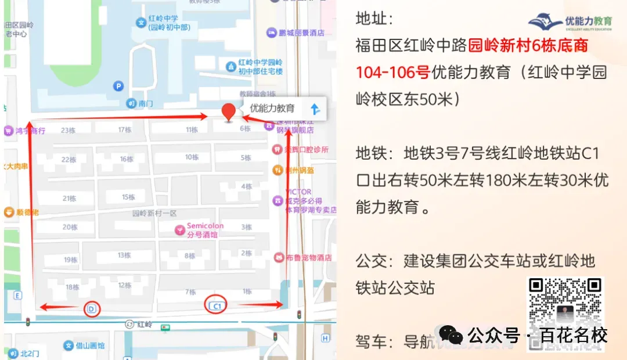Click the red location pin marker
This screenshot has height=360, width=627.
pyautogui.click(x=229, y=111)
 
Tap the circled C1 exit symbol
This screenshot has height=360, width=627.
pyautogui.click(x=217, y=305)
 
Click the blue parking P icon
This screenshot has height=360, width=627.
pyautogui.click(x=118, y=87)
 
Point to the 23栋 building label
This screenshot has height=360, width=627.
pyautogui.click(x=69, y=131)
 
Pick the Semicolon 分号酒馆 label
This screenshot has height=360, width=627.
pyautogui.click(x=204, y=230)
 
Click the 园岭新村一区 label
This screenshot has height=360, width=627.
pyautogui.click(x=154, y=213)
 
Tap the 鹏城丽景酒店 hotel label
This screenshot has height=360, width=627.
pyautogui.click(x=301, y=33)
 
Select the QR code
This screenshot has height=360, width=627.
pyautogui.click(x=565, y=314)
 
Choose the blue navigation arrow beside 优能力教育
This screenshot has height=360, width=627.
pyautogui.click(x=315, y=109)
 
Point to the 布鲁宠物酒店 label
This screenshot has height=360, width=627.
pyautogui.click(x=308, y=257)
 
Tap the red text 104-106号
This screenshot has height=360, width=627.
pyautogui.click(x=392, y=72)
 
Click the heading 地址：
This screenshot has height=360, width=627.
pyautogui.click(x=374, y=19)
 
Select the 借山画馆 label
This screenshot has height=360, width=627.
pyautogui.click(x=91, y=345)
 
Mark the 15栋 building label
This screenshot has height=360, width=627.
pyautogui.click(x=128, y=197)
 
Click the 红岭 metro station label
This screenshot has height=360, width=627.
pyautogui.click(x=145, y=324)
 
